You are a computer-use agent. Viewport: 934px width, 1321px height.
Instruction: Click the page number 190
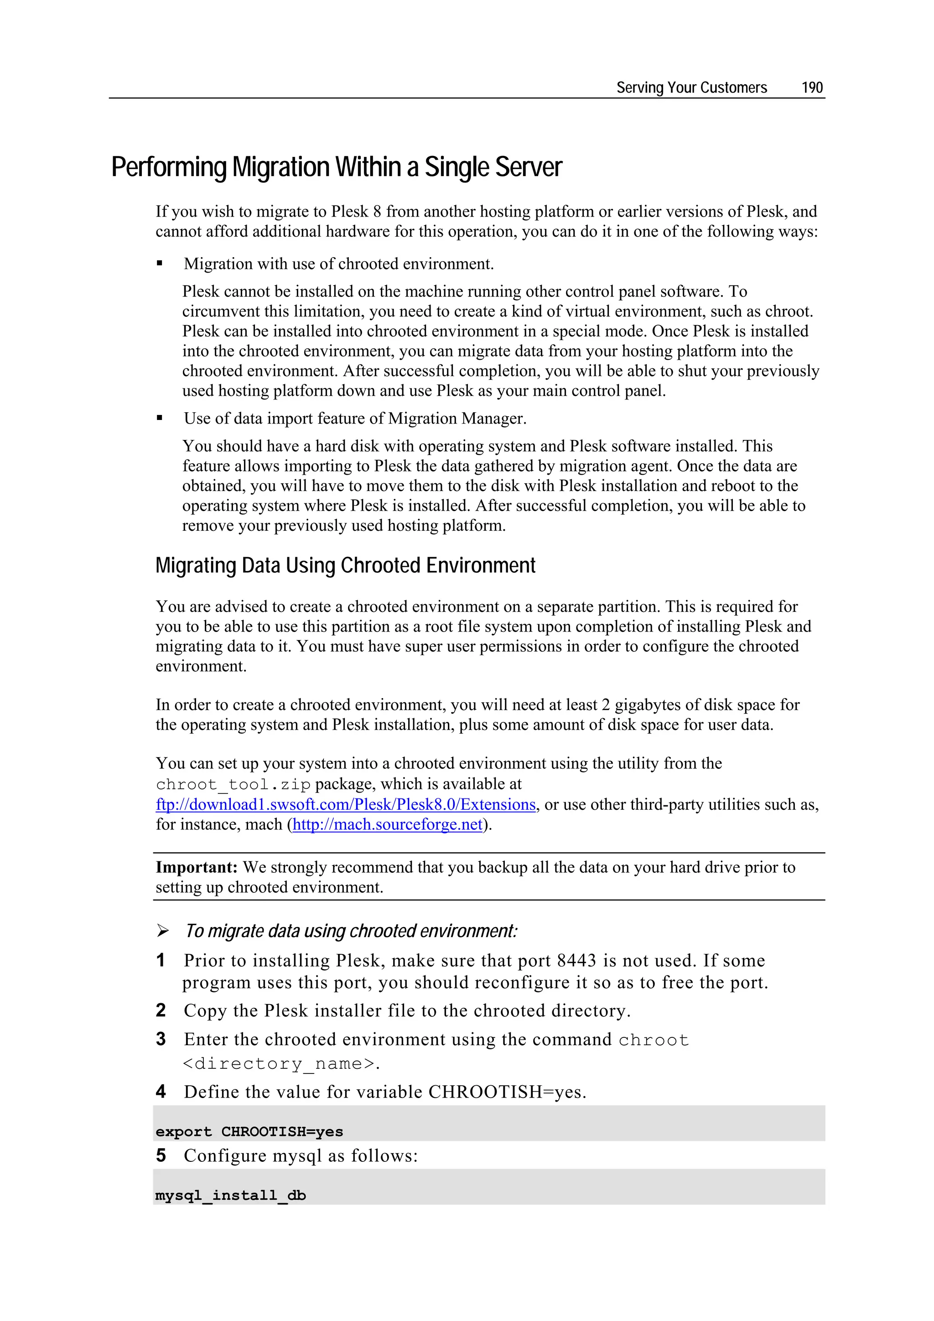point(811,88)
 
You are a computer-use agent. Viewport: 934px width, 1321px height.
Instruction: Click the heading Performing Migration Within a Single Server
point(336,167)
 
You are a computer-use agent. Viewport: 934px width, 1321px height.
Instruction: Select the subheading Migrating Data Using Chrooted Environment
point(345,565)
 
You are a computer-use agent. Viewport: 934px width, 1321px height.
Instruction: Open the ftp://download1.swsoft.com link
point(345,804)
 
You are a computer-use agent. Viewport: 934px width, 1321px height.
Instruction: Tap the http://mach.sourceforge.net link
point(387,824)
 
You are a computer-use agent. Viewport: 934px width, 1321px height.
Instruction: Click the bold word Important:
point(196,867)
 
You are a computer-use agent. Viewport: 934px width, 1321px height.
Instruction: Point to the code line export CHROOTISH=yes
point(249,1131)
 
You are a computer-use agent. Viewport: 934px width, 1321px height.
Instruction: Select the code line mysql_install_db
point(230,1195)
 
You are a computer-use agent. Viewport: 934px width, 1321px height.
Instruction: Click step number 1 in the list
point(161,960)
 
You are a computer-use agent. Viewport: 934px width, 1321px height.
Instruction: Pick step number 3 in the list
point(161,1039)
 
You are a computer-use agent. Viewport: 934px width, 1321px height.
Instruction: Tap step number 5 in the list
point(161,1155)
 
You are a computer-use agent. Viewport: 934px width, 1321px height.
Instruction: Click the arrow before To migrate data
point(163,930)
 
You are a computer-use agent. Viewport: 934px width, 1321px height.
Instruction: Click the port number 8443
point(576,960)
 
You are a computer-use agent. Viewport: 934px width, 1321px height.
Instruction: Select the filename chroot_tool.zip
point(233,785)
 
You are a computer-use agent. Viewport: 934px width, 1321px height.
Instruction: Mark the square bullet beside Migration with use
point(160,264)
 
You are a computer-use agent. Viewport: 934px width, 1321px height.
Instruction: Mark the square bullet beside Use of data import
point(160,418)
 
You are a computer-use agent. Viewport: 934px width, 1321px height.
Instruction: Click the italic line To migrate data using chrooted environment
point(351,931)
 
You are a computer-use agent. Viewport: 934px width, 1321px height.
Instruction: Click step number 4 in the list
point(161,1092)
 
